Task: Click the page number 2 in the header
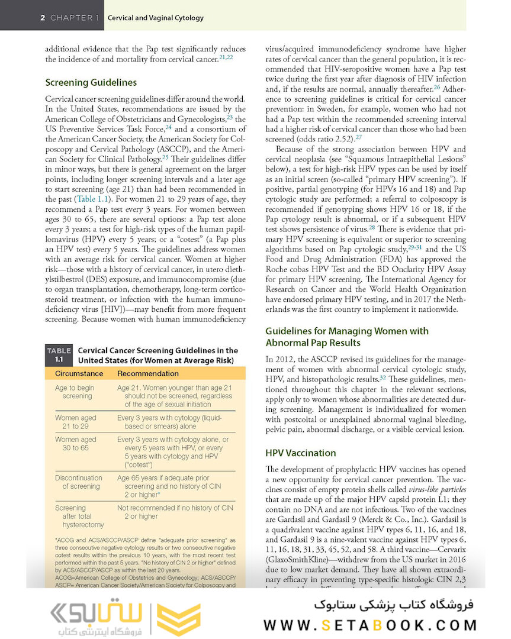tap(43, 18)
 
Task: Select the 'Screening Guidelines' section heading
tap(91, 82)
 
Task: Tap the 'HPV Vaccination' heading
tap(300, 453)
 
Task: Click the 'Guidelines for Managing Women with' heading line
tap(346, 331)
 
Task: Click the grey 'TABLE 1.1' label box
tap(59, 355)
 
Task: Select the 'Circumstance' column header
tap(79, 373)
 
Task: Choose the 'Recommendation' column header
tap(147, 373)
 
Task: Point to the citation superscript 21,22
tap(226, 57)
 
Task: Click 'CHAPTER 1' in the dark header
tap(75, 18)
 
